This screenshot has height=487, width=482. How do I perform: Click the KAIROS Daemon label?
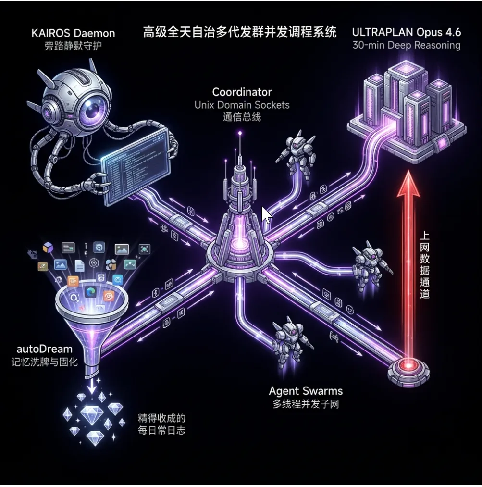(73, 33)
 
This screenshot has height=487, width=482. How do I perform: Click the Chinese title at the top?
(240, 33)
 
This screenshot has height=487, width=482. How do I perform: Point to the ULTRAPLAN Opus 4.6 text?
(406, 32)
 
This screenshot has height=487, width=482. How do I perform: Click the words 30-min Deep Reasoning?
(406, 46)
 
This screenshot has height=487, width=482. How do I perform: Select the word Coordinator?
(242, 92)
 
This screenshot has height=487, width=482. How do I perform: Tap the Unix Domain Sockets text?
(242, 104)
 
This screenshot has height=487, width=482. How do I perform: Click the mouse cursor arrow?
(266, 214)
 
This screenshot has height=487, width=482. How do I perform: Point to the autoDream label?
(44, 349)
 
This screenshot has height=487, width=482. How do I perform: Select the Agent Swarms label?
(306, 390)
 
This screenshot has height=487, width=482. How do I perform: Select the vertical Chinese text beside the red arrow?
(424, 264)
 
